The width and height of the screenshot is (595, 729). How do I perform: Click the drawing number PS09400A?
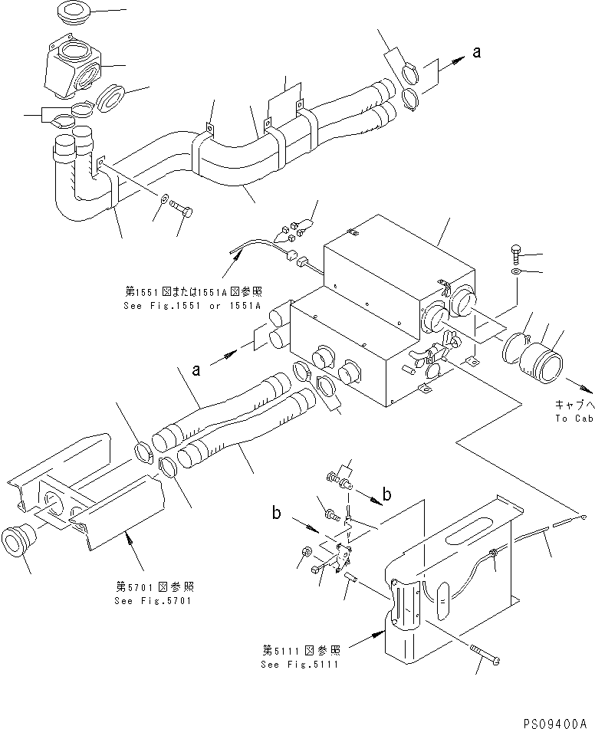coord(557,722)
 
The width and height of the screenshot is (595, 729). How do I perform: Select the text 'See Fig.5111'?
coord(302,663)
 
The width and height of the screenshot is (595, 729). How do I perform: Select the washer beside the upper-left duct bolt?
coord(166,201)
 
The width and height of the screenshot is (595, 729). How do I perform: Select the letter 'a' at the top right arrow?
coord(477,52)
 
